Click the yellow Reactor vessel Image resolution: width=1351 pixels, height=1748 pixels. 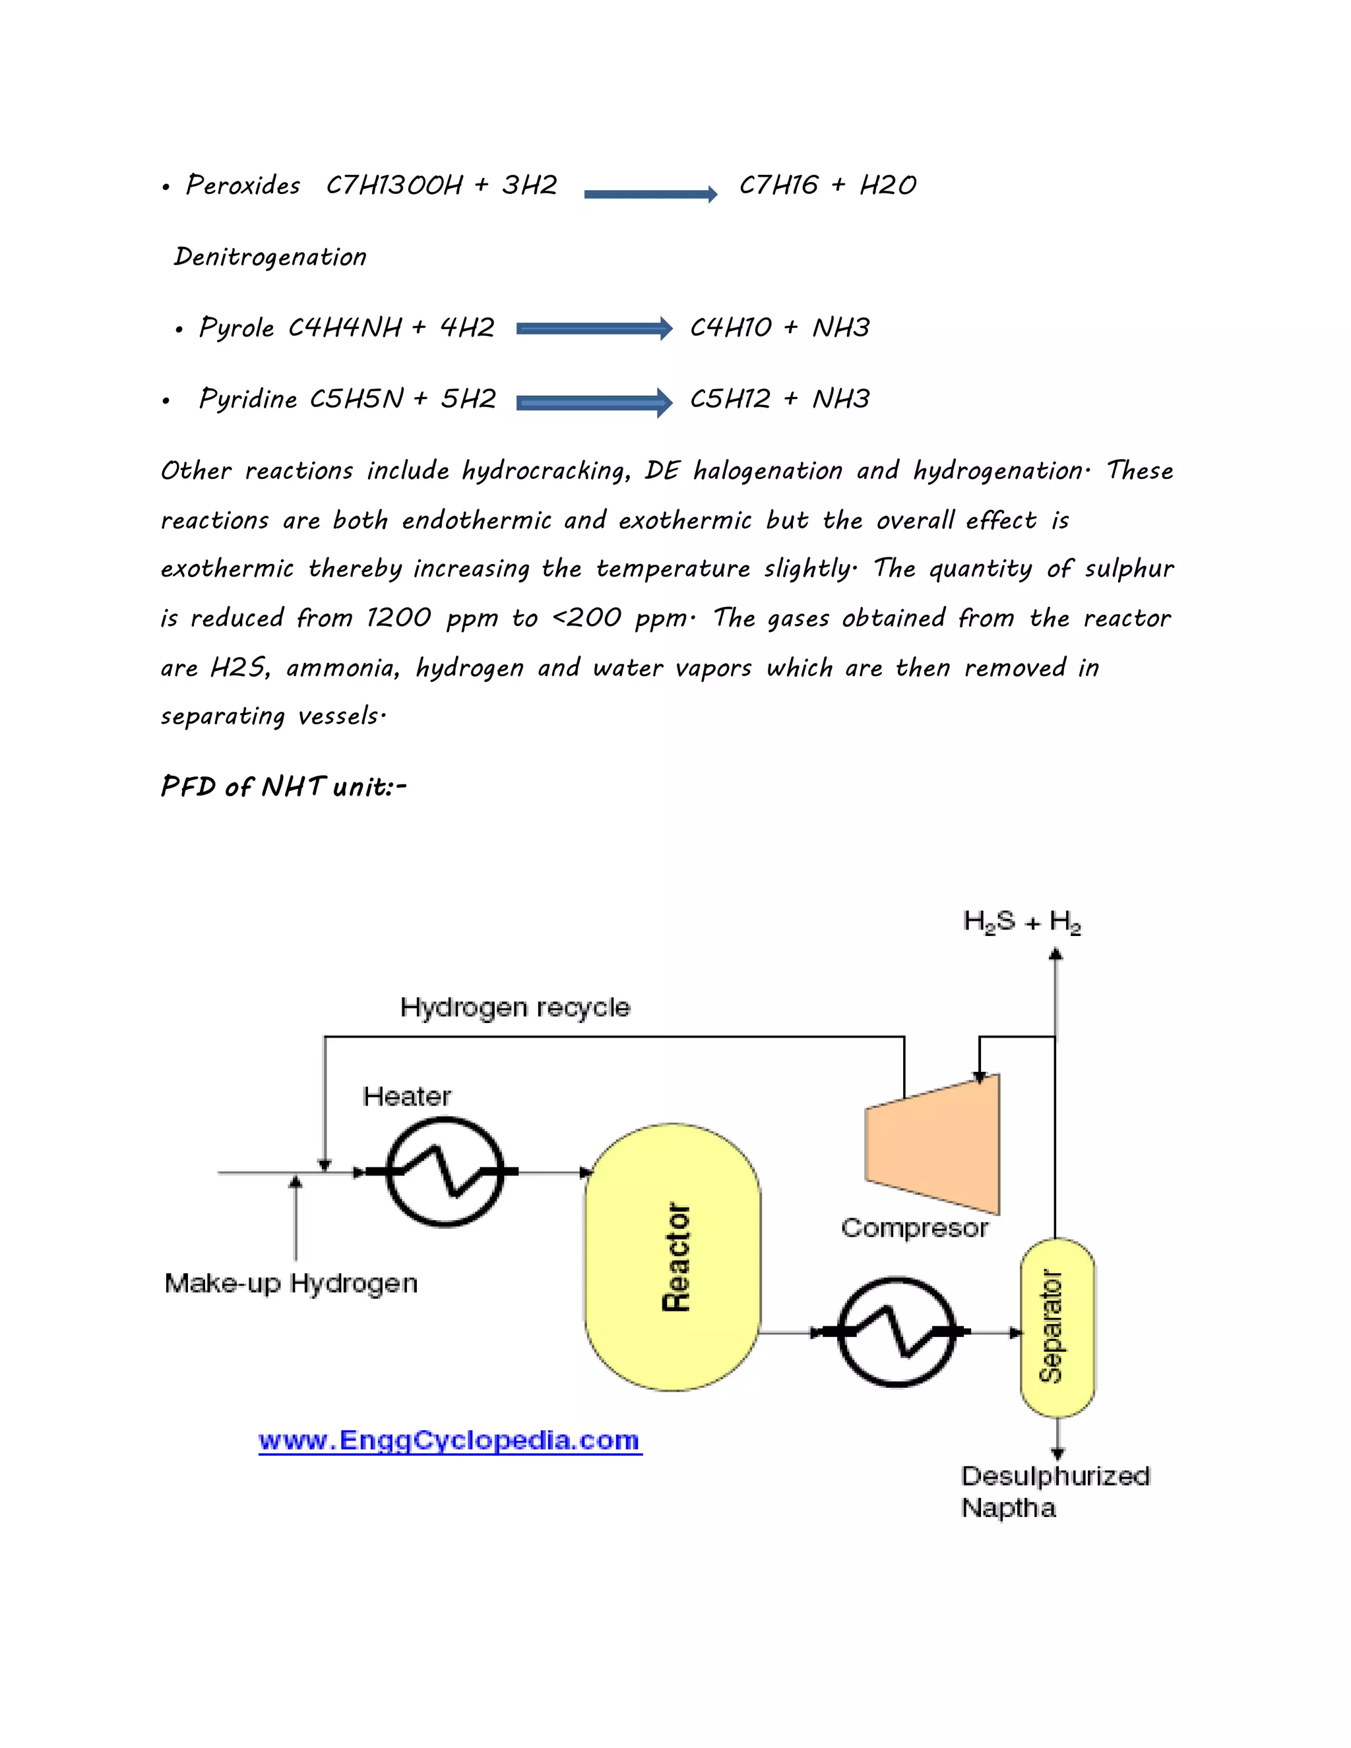click(672, 1257)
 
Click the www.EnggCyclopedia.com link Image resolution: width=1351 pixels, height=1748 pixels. click(450, 1441)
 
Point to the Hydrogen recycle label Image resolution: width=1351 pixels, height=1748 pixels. click(515, 1007)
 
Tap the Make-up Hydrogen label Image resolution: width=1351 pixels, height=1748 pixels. click(290, 1283)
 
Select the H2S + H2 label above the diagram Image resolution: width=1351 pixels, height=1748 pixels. click(1022, 922)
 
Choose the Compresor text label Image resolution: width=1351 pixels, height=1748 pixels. click(914, 1228)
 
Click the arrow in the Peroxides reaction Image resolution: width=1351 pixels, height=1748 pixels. click(650, 194)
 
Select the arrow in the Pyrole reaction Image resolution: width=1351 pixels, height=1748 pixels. click(594, 328)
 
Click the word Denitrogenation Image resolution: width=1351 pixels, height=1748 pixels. click(270, 257)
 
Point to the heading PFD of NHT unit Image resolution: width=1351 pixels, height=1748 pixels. click(283, 787)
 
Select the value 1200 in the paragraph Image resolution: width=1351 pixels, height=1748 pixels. click(398, 618)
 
